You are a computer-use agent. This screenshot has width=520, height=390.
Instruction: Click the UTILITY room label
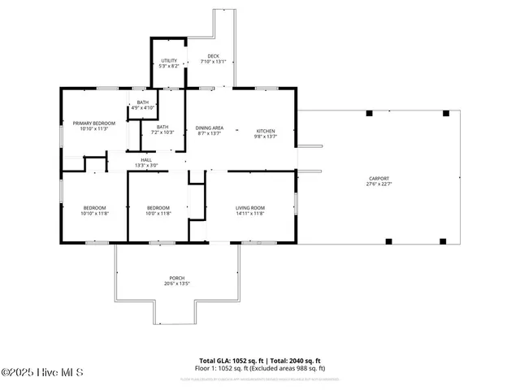click(x=169, y=61)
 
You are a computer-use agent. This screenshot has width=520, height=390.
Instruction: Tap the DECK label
click(x=213, y=56)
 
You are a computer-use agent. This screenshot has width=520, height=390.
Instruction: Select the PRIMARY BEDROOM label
click(x=94, y=123)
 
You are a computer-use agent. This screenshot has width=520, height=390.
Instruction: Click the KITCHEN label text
click(x=266, y=131)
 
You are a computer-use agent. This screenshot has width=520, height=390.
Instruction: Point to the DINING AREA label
click(x=210, y=128)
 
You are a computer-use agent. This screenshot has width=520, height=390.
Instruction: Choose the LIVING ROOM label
click(x=250, y=208)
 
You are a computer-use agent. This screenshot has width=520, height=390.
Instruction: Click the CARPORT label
click(x=379, y=178)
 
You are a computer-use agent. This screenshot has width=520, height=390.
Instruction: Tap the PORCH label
click(x=177, y=278)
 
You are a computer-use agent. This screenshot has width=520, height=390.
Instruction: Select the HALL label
click(x=146, y=160)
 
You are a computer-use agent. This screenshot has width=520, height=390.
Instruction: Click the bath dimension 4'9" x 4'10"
click(x=143, y=107)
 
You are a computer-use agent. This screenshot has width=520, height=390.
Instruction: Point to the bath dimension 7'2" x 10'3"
click(x=162, y=132)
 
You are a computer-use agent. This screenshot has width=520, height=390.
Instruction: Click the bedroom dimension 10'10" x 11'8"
click(x=94, y=214)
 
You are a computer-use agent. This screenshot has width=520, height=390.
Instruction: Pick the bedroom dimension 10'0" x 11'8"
click(x=158, y=214)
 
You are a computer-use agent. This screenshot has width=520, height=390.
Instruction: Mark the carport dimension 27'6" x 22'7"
click(x=379, y=184)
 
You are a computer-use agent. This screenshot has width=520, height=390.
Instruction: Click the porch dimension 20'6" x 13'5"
click(x=177, y=284)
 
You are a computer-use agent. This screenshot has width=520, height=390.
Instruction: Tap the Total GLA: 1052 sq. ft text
click(x=229, y=360)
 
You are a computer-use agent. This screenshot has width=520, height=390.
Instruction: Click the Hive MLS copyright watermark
click(x=41, y=373)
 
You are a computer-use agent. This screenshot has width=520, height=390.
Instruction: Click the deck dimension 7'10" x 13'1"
click(x=213, y=62)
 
